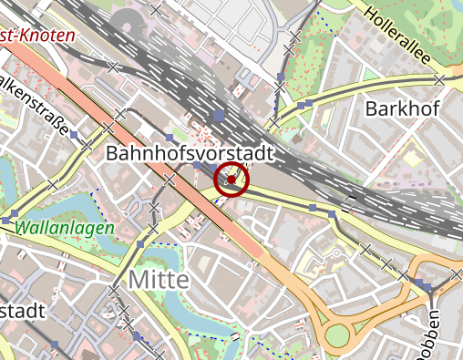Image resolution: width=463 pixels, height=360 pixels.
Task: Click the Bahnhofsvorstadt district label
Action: pos(190,154)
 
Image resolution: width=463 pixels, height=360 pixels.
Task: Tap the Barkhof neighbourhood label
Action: pos(402,109)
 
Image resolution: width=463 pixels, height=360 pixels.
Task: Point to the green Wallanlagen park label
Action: pos(65,227)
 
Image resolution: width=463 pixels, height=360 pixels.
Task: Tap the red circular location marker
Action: pos(232,180)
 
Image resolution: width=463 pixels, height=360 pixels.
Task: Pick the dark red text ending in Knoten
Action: pos(36,37)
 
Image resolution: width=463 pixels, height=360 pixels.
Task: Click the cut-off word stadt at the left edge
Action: pos(22,311)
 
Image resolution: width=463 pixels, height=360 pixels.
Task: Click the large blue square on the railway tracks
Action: pos(218,117)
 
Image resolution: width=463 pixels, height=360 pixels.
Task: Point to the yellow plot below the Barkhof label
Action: pos(412,157)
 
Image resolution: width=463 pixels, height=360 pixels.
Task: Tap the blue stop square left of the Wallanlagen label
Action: pos(6,221)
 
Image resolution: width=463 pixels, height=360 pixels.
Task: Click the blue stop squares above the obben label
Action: pos(427,286)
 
